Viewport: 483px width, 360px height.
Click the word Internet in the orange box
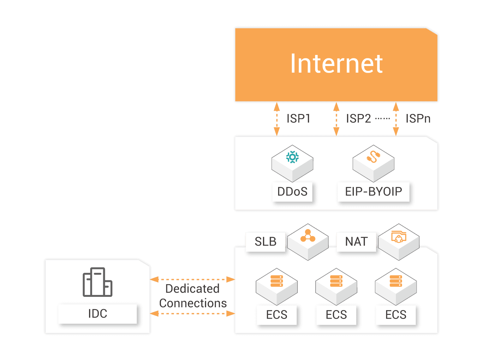(336, 64)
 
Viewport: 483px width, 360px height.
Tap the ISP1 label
(298, 119)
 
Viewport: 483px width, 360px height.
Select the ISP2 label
(358, 119)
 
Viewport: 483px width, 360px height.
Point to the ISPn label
(418, 119)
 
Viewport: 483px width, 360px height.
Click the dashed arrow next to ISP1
(277, 119)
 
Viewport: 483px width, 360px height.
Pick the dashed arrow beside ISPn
(396, 119)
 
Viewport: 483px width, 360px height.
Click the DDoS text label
(292, 192)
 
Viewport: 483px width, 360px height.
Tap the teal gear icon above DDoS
(292, 157)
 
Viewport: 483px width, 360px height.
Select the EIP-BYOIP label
(373, 192)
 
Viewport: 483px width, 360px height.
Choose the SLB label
(265, 242)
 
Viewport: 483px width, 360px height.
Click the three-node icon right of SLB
(308, 236)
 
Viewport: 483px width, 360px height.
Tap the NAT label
(356, 242)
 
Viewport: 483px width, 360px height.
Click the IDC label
(98, 314)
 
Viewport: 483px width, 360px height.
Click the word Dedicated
(192, 289)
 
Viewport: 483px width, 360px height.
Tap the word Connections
(193, 303)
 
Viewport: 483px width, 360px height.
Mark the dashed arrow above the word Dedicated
(192, 279)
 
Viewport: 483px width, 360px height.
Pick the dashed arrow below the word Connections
(192, 314)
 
